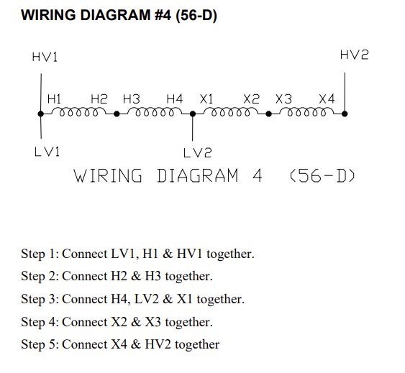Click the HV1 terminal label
[45, 57]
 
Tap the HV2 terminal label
[354, 55]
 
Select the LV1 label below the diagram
[47, 151]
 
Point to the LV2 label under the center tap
[198, 153]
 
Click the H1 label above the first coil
[54, 99]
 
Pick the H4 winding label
[175, 99]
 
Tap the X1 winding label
[206, 99]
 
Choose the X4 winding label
[327, 99]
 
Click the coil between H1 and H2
[79, 111]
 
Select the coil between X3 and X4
[306, 111]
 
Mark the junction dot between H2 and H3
[117, 114]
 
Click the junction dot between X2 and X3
[268, 114]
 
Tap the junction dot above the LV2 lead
[193, 114]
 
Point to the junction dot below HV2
[345, 114]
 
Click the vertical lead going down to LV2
[192, 127]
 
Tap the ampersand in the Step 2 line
[136, 276]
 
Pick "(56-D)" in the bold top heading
[196, 15]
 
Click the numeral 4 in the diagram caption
[257, 176]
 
